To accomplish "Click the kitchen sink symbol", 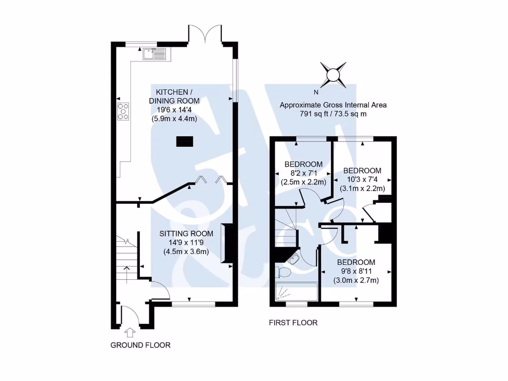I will click(x=155, y=53).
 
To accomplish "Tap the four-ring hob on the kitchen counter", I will click(x=123, y=111).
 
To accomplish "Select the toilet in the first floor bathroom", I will click(x=284, y=272).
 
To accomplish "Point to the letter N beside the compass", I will click(x=316, y=92).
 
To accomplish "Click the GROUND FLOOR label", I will click(x=140, y=345).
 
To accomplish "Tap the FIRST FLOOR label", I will click(x=293, y=323).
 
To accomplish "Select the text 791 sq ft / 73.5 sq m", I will click(x=333, y=114).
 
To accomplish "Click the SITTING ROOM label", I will click(x=186, y=234).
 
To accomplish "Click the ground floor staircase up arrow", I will click(x=127, y=273).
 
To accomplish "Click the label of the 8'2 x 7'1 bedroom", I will click(x=303, y=165).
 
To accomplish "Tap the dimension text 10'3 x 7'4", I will click(x=363, y=180).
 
